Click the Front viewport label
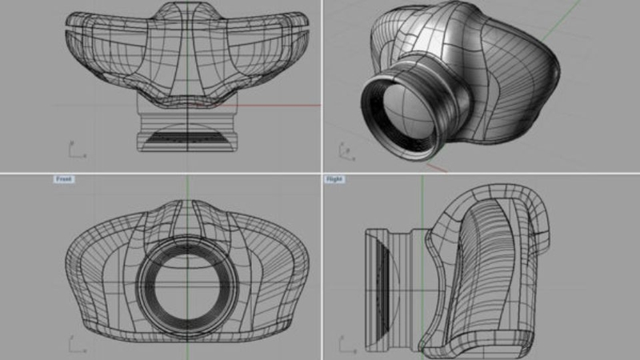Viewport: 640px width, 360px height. click(64, 179)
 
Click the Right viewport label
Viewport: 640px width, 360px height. click(334, 179)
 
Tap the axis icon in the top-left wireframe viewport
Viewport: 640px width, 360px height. click(71, 150)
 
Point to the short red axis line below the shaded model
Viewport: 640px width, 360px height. click(436, 167)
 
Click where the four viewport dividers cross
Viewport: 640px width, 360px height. click(321, 173)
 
